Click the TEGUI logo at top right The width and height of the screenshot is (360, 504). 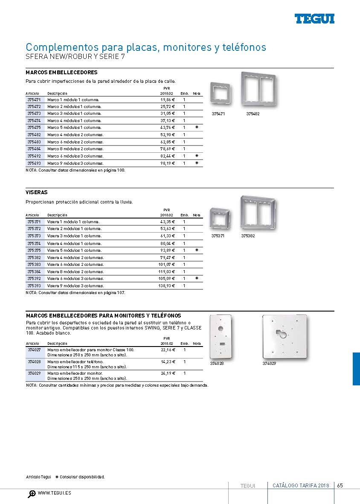(x=314, y=19)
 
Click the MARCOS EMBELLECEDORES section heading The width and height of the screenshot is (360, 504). (x=61, y=73)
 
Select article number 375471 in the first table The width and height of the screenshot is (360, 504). (x=34, y=99)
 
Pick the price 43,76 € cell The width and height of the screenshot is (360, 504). (x=168, y=128)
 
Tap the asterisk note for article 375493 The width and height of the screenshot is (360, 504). (x=197, y=163)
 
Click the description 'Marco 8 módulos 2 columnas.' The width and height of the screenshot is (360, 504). (x=75, y=149)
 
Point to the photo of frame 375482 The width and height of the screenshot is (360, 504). (x=259, y=91)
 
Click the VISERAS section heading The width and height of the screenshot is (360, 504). (x=37, y=192)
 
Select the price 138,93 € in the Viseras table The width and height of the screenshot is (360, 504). (x=167, y=286)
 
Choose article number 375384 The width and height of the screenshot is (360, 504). (x=34, y=271)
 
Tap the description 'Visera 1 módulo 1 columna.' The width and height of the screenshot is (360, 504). (x=73, y=222)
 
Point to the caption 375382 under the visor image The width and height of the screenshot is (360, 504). (x=248, y=236)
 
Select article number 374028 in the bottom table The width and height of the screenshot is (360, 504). (x=34, y=361)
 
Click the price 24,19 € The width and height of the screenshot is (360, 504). (x=168, y=373)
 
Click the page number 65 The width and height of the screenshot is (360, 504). (x=340, y=486)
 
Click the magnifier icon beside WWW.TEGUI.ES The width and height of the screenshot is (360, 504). (x=32, y=494)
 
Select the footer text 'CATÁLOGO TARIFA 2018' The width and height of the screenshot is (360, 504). (x=301, y=486)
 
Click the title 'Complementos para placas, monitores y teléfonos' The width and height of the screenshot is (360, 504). (x=146, y=47)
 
